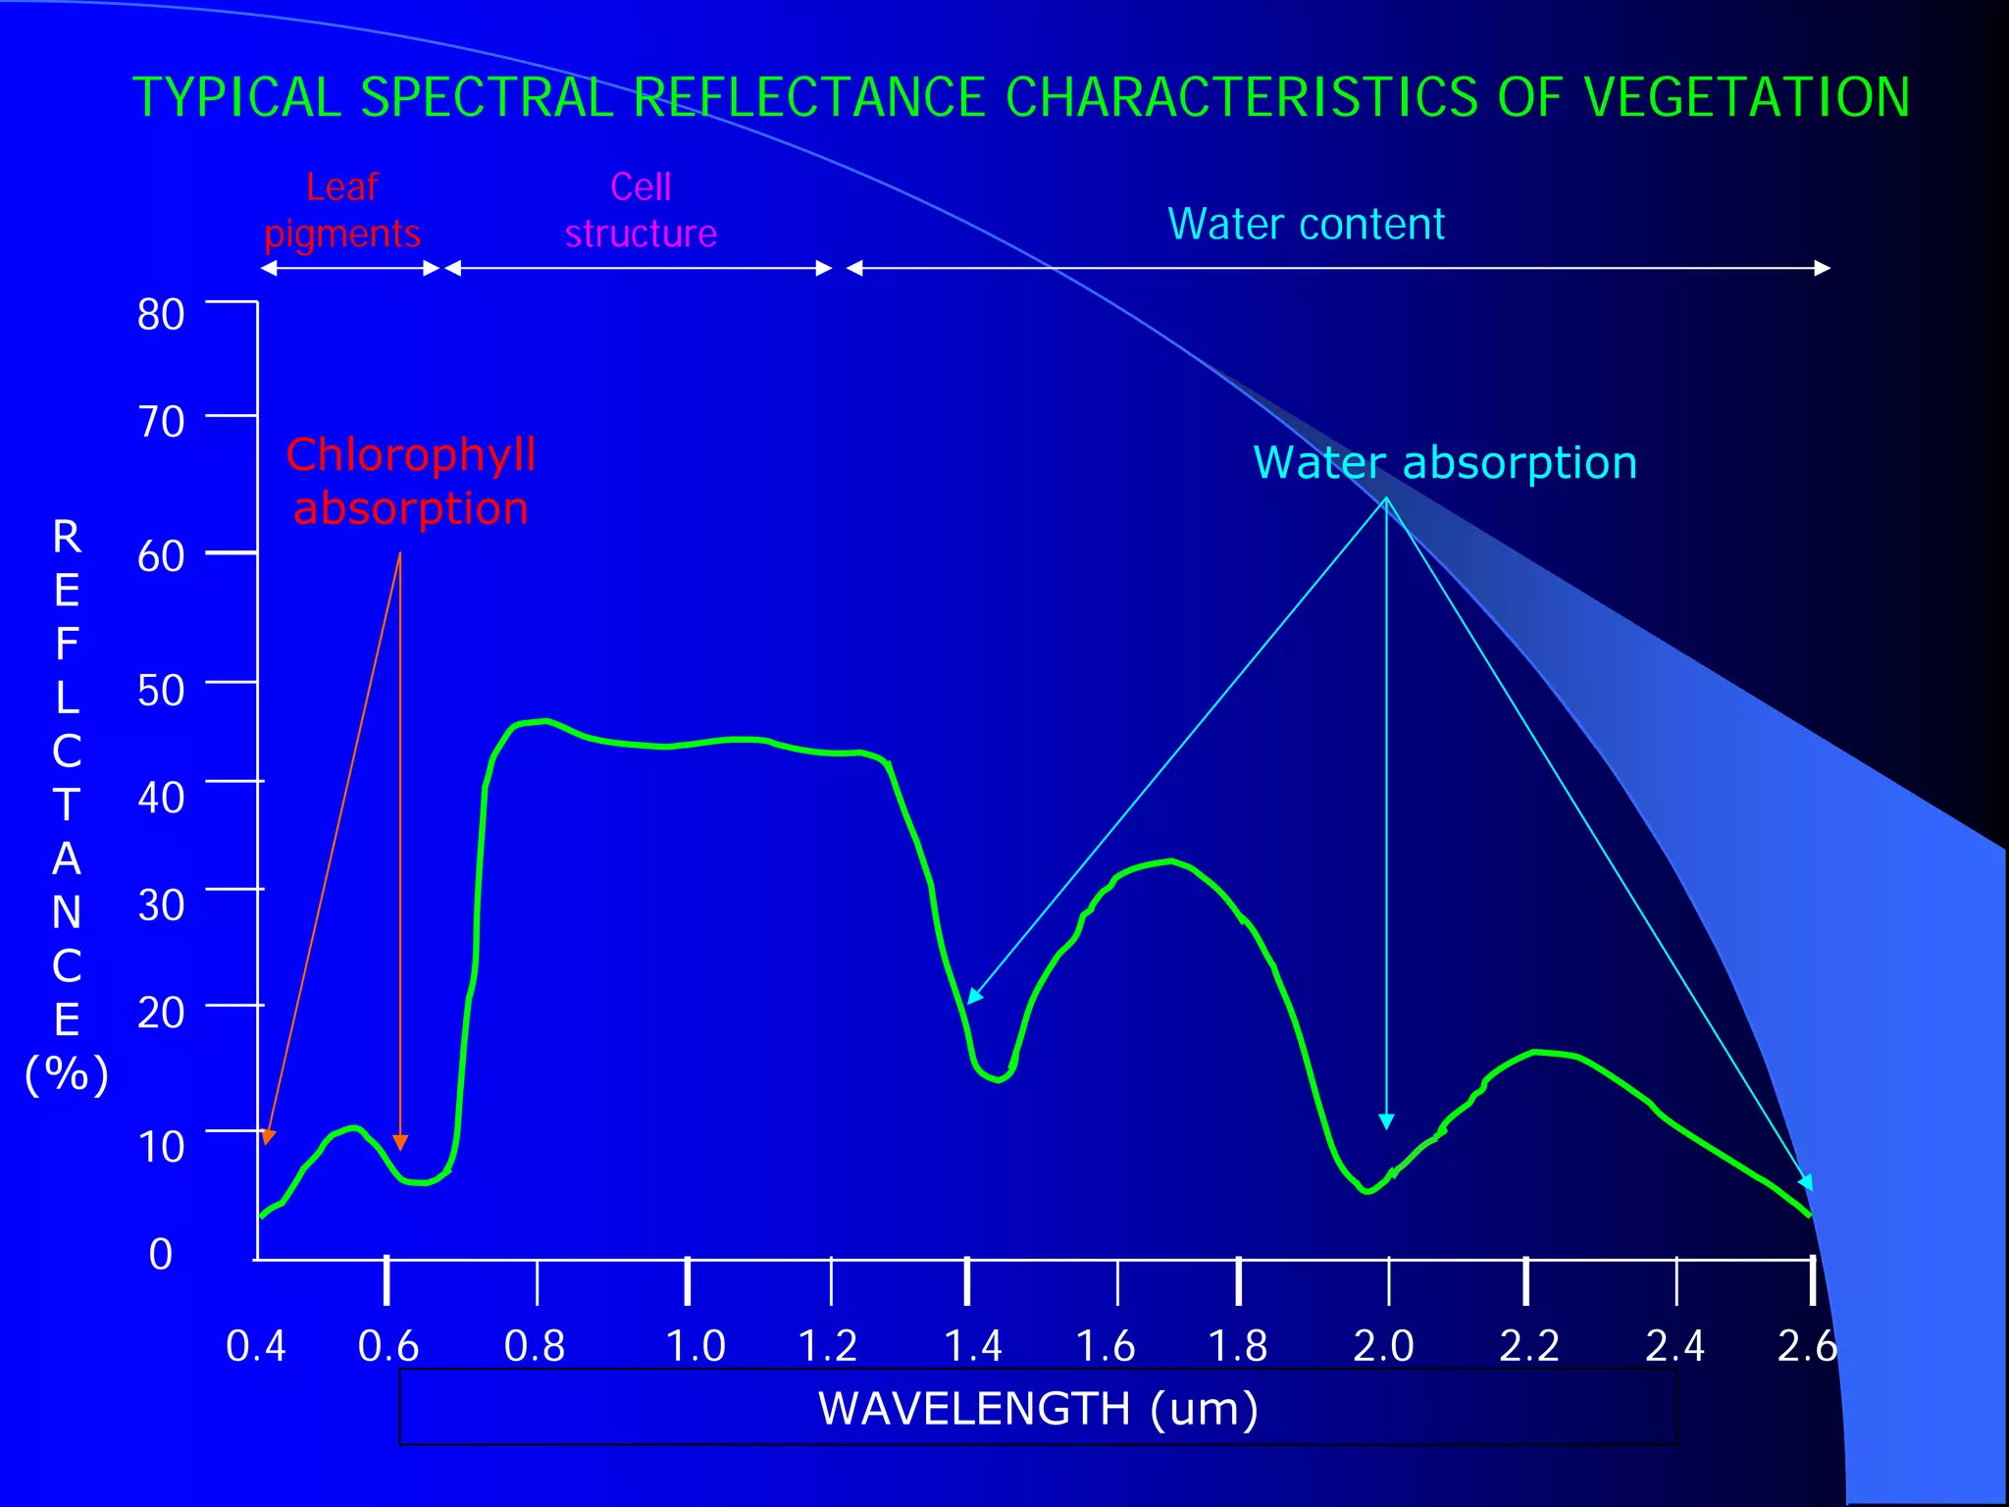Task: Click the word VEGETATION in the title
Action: (1746, 98)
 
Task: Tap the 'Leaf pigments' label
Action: (341, 210)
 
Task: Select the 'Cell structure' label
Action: (641, 210)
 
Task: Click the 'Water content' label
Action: (1306, 225)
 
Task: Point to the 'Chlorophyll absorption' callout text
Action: (411, 482)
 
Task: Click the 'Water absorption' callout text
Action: (1445, 463)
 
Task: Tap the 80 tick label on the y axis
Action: (161, 315)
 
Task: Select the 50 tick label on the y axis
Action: (161, 691)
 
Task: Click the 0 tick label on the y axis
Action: (161, 1254)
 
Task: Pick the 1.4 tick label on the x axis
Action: (972, 1346)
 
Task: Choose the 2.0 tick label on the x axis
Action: (1383, 1346)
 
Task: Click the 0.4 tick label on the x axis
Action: (255, 1346)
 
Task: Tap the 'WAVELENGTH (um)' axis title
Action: (1038, 1409)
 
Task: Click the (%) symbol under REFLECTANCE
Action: (67, 1074)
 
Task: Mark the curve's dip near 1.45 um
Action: (998, 1079)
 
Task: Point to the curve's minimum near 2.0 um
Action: (1367, 1191)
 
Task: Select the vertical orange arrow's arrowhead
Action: (400, 1142)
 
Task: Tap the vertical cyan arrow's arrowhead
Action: (1386, 1122)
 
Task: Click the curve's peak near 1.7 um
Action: (1169, 861)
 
